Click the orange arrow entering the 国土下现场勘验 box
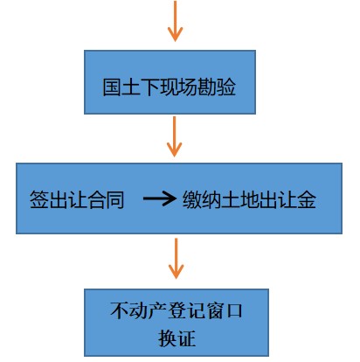pos(175,20)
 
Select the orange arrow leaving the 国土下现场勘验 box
pos(174,136)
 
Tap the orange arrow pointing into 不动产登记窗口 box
pos(176,258)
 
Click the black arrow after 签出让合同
pos(160,198)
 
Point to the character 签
pos(39,199)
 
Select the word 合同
pos(106,199)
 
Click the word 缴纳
pos(202,199)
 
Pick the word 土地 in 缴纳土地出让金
pos(239,199)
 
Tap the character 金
pos(307,199)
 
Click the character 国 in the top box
pos(112,87)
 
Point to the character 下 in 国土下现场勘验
pos(150,87)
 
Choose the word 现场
pos(178,87)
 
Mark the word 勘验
pos(217,87)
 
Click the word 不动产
pos(138,310)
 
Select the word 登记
pos(185,310)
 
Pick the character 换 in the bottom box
pos(167,338)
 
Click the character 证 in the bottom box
pos(186,338)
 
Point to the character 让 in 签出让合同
pos(78,199)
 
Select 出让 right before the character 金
pos(278,199)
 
